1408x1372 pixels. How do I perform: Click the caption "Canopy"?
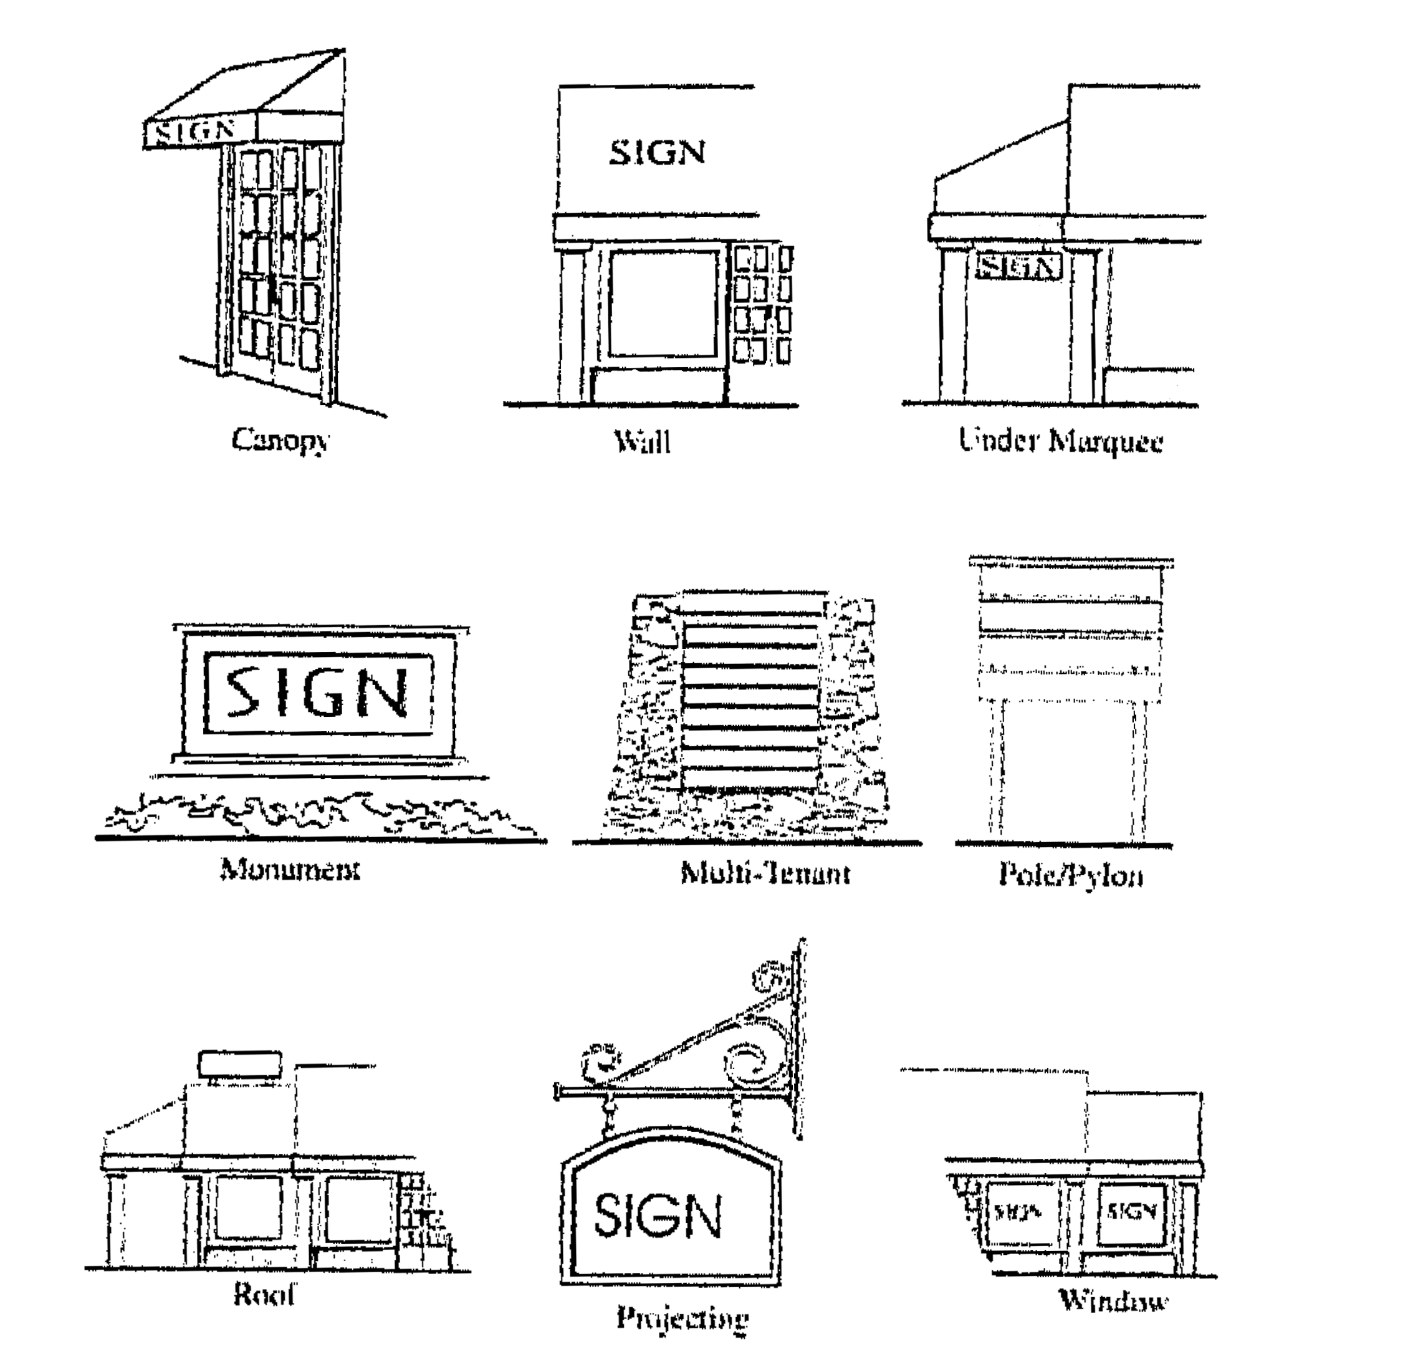[280, 440]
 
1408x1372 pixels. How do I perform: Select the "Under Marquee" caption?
[1060, 440]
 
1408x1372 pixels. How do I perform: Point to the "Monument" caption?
[290, 870]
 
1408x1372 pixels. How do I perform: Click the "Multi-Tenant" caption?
[765, 873]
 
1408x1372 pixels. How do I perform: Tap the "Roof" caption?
[264, 1295]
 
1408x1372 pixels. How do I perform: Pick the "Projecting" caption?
[682, 1318]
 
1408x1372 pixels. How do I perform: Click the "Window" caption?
[1113, 1301]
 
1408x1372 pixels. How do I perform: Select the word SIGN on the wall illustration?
[657, 153]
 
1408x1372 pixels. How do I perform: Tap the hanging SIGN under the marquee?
[1018, 267]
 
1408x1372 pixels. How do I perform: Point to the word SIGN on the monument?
[318, 693]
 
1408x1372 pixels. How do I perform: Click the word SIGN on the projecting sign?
[657, 1215]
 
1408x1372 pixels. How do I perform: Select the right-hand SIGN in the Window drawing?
[1131, 1212]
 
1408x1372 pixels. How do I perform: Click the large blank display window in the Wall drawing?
[664, 303]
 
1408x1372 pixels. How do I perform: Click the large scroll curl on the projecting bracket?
[754, 1067]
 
